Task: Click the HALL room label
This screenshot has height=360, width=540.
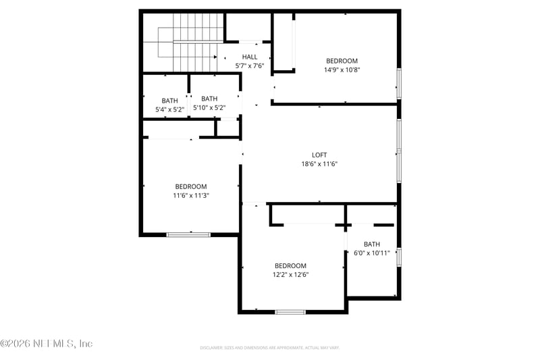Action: click(x=250, y=57)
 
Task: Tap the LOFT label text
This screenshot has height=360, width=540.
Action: click(x=319, y=155)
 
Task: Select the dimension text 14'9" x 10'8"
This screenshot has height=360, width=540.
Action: click(x=342, y=70)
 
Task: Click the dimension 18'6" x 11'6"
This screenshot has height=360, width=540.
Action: click(x=319, y=164)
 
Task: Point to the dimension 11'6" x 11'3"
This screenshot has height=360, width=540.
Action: click(x=191, y=196)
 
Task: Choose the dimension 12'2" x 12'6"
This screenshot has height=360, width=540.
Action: click(x=290, y=275)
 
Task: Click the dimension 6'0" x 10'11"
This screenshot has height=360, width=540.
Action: click(x=372, y=254)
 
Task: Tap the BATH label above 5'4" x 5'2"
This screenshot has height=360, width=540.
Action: click(x=169, y=101)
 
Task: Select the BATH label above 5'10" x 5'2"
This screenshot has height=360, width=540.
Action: click(x=209, y=99)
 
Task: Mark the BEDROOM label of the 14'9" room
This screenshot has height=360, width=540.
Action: click(x=342, y=61)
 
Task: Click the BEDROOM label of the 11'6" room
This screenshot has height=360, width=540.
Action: click(x=191, y=186)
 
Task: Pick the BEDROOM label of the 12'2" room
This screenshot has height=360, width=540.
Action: click(x=290, y=265)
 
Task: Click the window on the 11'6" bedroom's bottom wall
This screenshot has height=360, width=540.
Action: click(x=188, y=234)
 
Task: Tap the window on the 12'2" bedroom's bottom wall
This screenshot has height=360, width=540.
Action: click(x=290, y=311)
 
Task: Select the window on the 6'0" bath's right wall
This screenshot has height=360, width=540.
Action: click(x=399, y=257)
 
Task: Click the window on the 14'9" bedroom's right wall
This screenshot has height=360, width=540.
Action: click(x=399, y=84)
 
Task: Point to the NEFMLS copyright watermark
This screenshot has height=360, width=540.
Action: click(x=47, y=344)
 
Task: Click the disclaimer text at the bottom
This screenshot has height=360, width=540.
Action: click(x=269, y=348)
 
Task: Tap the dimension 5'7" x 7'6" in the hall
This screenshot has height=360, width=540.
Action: click(x=250, y=66)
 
